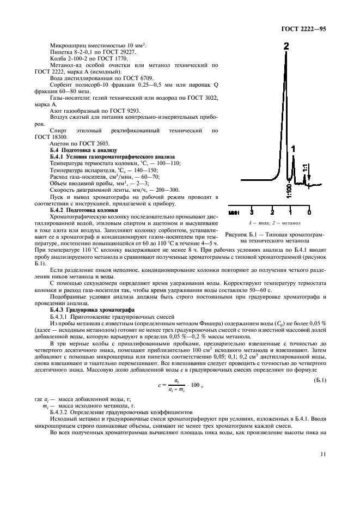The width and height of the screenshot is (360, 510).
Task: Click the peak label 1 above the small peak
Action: pyautogui.click(x=293, y=148)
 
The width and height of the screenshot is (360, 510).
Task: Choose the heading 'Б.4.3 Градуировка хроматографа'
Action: pyautogui.click(x=90, y=309)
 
